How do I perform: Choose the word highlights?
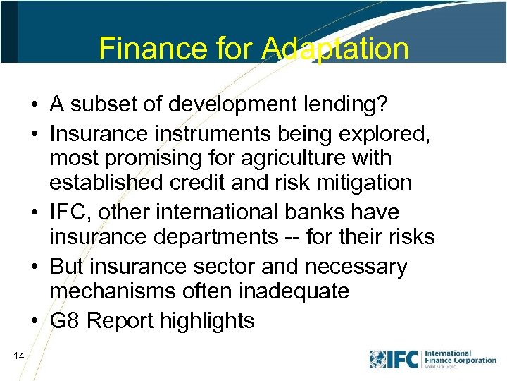208,321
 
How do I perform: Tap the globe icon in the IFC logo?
378,359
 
